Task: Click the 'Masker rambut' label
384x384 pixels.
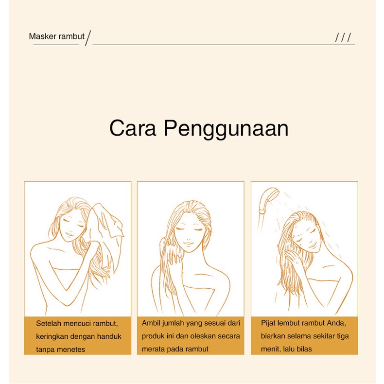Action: (56, 36)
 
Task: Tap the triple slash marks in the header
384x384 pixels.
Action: (343, 38)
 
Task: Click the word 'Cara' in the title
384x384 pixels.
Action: (133, 128)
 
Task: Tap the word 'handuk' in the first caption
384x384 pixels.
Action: (110, 336)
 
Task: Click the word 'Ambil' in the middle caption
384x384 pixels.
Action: (151, 323)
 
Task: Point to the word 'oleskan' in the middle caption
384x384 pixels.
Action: (206, 336)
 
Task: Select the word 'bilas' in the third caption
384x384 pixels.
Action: (303, 349)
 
